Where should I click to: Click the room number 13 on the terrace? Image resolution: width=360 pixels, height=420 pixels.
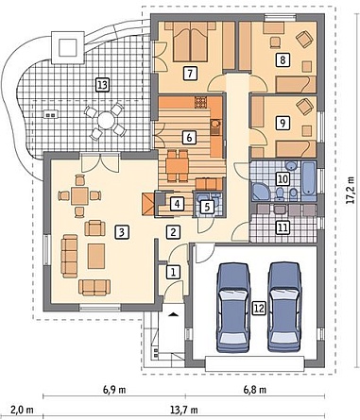click(102, 85)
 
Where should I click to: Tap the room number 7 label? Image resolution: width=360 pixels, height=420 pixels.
click(190, 74)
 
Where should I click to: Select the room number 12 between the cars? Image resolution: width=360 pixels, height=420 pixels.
click(259, 309)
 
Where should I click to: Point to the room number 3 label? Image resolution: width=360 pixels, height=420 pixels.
click(122, 232)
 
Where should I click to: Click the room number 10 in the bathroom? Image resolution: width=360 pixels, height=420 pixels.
click(283, 179)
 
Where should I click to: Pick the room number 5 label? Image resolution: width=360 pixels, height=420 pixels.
click(208, 207)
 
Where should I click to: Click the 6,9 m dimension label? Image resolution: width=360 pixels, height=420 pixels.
click(114, 390)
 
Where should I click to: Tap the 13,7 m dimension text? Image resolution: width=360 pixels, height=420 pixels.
click(184, 410)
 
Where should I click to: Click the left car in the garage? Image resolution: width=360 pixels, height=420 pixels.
click(233, 308)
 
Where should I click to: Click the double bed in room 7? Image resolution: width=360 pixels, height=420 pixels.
click(190, 42)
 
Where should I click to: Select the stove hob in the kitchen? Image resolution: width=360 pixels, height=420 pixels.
click(201, 102)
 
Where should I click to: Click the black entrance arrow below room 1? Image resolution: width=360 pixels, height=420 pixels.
click(173, 314)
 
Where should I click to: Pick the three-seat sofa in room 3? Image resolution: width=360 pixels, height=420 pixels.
click(70, 256)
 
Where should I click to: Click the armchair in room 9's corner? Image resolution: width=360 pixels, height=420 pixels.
click(304, 107)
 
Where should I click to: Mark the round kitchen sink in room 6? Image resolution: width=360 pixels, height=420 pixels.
click(215, 124)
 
